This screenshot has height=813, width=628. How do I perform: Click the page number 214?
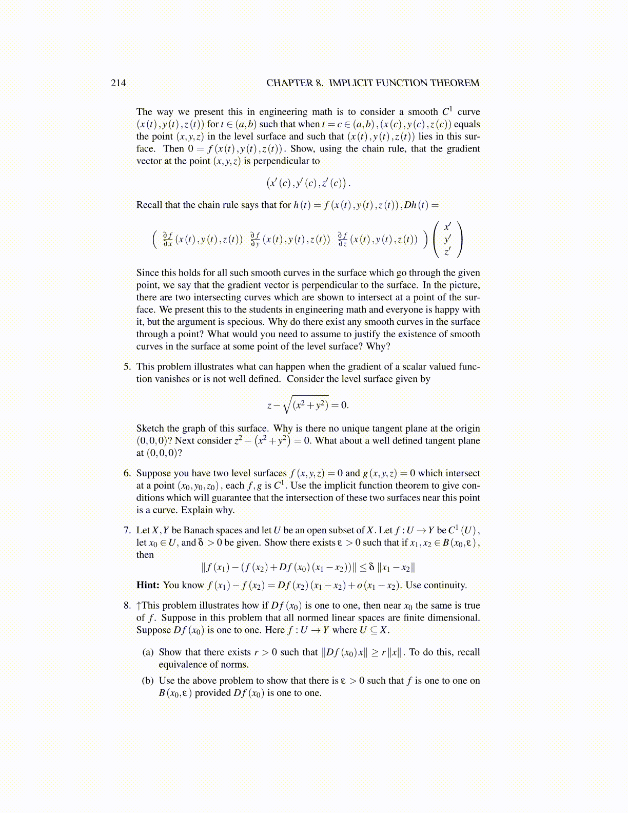click(x=118, y=83)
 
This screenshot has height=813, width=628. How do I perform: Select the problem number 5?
click(x=127, y=367)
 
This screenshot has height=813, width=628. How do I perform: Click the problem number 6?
click(x=127, y=474)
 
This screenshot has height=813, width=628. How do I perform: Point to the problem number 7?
click(x=127, y=531)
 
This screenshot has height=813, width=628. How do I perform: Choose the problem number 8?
click(x=127, y=606)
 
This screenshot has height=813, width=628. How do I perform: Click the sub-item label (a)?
click(x=148, y=652)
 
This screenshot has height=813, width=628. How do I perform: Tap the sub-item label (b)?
click(x=148, y=681)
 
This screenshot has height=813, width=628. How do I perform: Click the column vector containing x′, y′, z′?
click(x=447, y=239)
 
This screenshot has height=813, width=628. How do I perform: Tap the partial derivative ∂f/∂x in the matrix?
click(x=168, y=239)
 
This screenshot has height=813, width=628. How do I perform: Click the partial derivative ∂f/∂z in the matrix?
click(x=342, y=239)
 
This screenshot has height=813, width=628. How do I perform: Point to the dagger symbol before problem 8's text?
click(x=139, y=606)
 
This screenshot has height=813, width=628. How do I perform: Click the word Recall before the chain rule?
click(x=149, y=205)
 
